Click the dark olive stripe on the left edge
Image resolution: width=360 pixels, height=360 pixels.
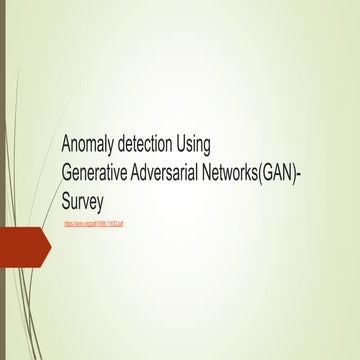(x=3, y=180)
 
